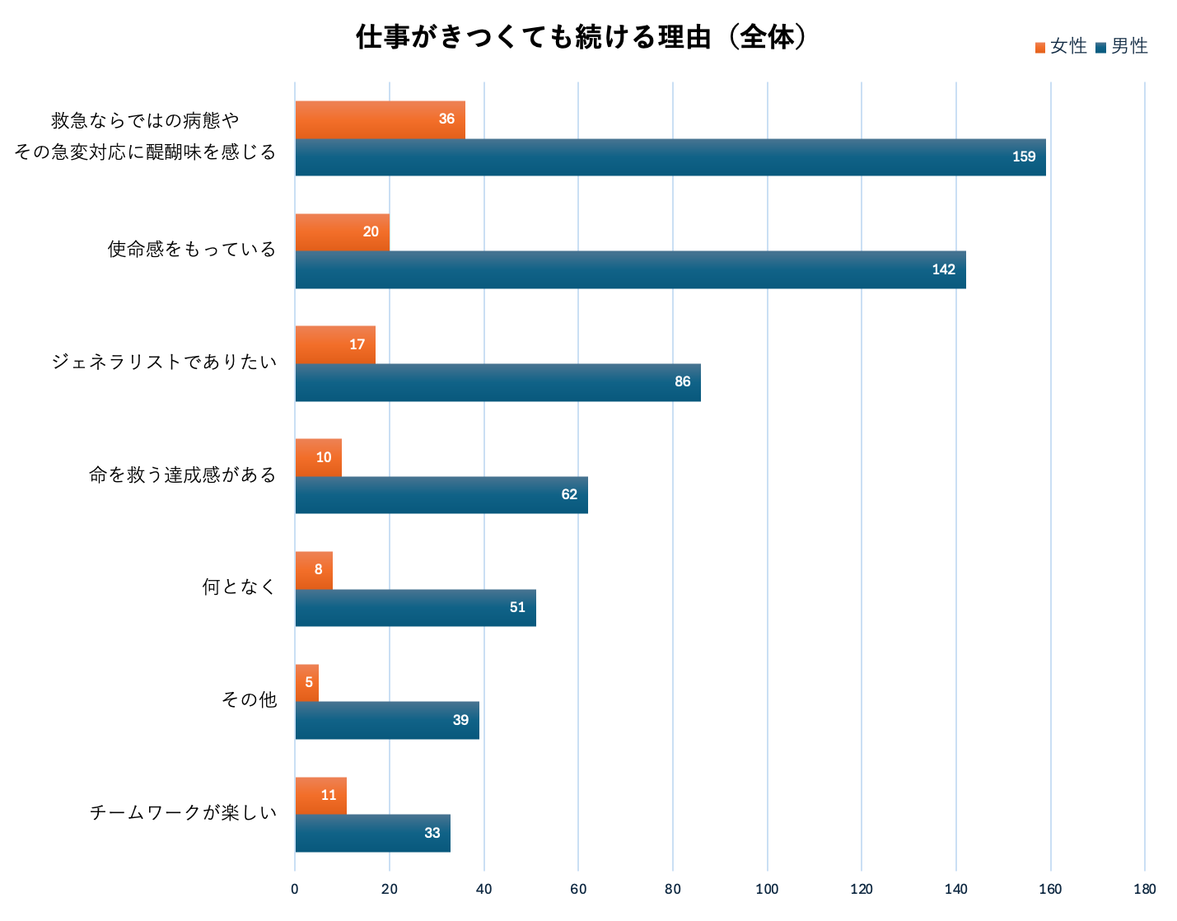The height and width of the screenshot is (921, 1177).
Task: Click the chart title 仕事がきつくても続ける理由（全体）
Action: tap(581, 38)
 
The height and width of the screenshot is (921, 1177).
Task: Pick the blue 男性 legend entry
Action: tap(1122, 47)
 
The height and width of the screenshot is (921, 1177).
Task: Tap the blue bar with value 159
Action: tap(670, 157)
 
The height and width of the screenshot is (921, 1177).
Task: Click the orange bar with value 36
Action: tap(380, 119)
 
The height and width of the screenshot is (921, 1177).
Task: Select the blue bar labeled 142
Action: tap(630, 270)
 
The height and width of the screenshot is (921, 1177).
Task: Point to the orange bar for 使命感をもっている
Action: tap(342, 232)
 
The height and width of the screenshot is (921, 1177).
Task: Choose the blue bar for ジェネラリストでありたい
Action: tap(497, 383)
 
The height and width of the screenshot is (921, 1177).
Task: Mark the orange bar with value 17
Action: tap(335, 344)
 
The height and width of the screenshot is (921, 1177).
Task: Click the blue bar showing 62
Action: tap(441, 495)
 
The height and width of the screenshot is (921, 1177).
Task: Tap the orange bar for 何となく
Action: tap(314, 570)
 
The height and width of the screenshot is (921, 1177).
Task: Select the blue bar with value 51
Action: tap(415, 608)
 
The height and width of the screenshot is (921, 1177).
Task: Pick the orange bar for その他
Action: tap(306, 683)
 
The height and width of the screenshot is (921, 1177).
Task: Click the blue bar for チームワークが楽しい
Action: tap(372, 834)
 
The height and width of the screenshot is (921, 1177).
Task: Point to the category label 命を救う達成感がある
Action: tap(183, 475)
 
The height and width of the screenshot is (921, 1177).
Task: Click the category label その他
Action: tap(249, 700)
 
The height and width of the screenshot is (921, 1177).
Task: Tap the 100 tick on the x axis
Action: tap(767, 890)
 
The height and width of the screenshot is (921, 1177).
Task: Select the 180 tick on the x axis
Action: tap(1144, 890)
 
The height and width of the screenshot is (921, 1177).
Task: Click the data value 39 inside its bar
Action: tap(460, 721)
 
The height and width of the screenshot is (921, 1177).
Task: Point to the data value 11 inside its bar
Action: tap(329, 796)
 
